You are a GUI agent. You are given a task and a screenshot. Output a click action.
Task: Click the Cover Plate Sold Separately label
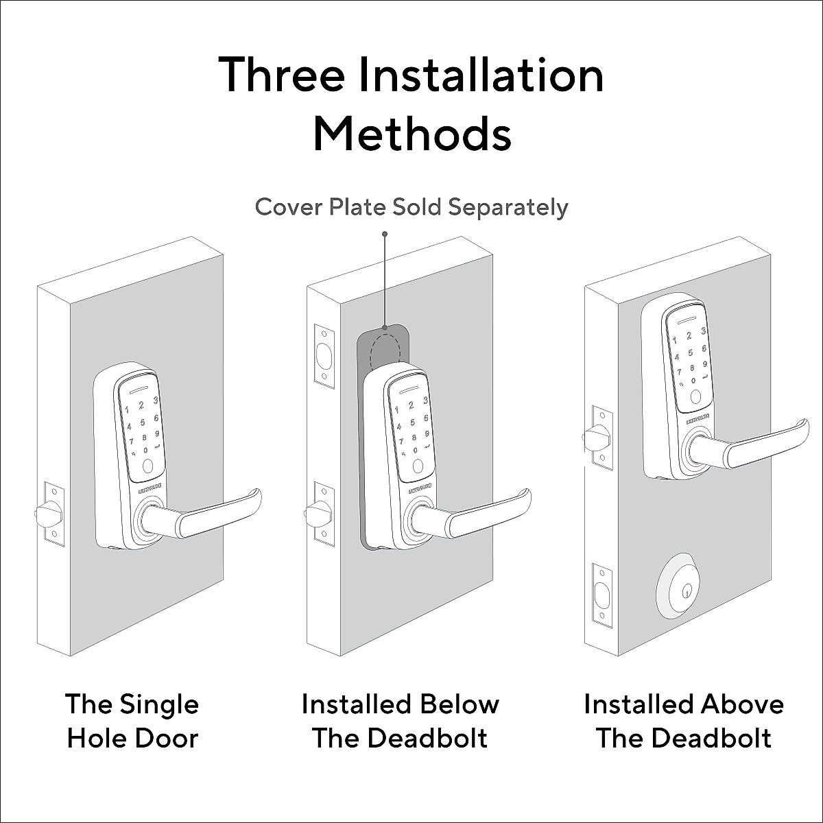tap(411, 206)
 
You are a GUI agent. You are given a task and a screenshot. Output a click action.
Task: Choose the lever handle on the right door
tap(748, 446)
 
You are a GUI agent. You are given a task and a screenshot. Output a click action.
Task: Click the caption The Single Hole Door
tap(132, 721)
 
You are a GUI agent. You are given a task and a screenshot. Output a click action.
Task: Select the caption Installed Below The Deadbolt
tap(401, 721)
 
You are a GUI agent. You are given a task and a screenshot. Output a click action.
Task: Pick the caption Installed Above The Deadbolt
tap(683, 721)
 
